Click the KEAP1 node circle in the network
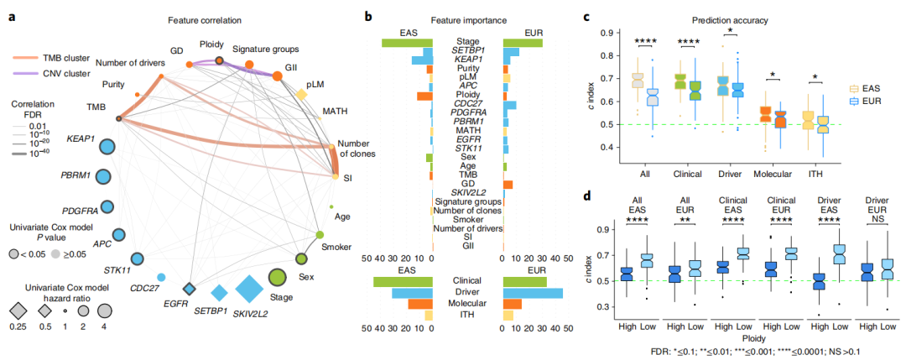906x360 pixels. pos(106,146)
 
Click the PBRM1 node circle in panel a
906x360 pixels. pos(104,177)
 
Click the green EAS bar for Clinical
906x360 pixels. pos(403,281)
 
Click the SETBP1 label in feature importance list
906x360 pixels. pos(467,52)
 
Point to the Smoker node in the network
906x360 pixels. pos(320,236)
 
